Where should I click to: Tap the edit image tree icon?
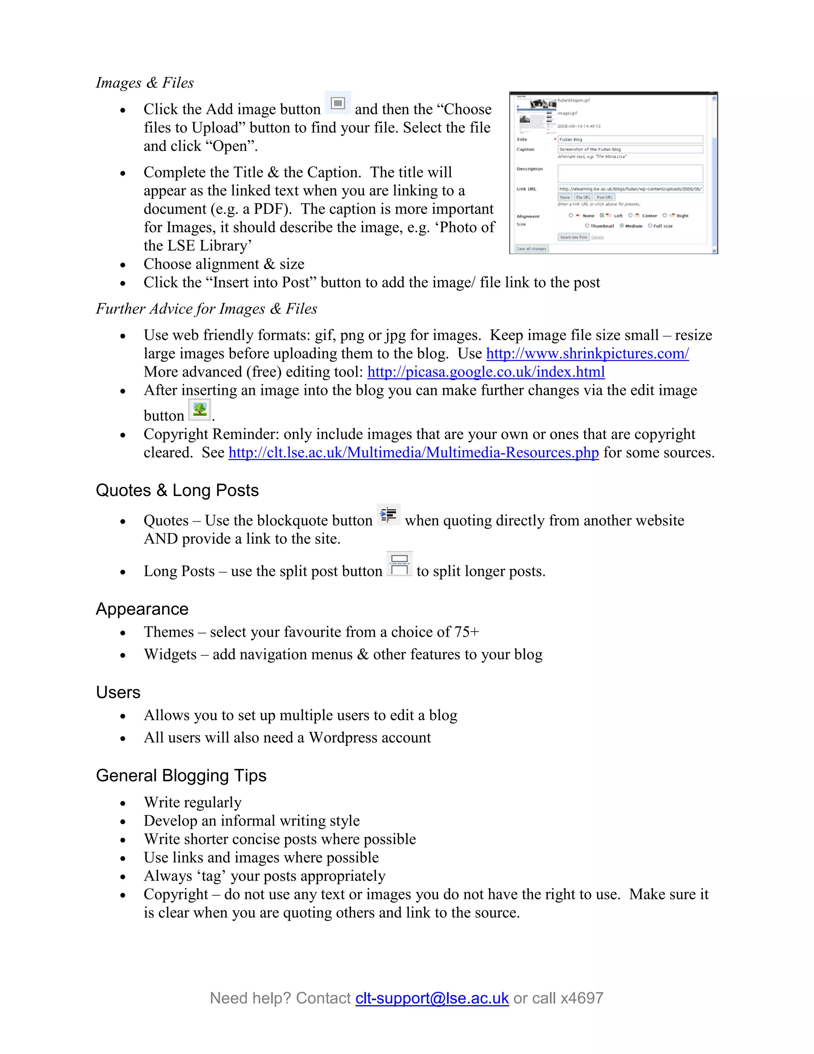coord(199,410)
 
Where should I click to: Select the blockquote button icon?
coord(388,514)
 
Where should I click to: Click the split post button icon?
coord(399,564)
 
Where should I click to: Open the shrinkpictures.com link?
coord(587,354)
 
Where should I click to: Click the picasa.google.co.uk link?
coord(486,372)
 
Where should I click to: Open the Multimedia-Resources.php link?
coord(413,453)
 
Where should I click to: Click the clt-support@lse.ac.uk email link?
coord(432,998)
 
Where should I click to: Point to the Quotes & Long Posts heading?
coord(177,490)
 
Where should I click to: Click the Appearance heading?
coord(142,609)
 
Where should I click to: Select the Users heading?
coord(118,692)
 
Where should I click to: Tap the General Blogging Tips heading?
coord(181,776)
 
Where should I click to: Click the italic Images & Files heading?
coord(145,82)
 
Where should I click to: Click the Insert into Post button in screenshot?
coord(574,237)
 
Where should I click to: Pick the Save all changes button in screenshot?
coord(531,249)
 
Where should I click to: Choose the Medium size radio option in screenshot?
coord(622,226)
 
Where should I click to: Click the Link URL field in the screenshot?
coord(630,189)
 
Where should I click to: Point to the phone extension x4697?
coord(582,998)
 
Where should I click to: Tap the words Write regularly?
coord(192,803)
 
